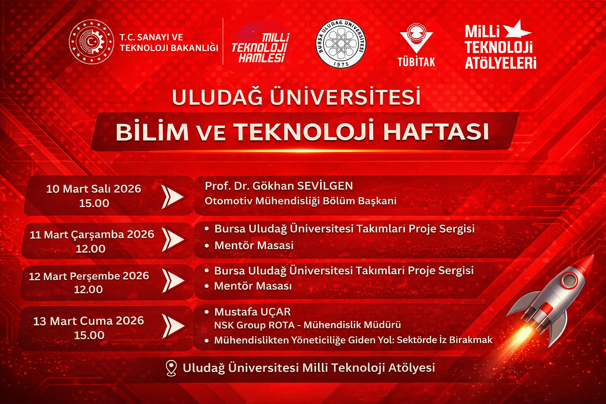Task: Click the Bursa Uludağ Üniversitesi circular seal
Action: pos(341,43)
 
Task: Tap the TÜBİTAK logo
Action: pos(416,45)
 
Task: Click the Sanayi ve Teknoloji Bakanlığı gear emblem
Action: pos(92,42)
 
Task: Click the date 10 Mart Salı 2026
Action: pos(94,189)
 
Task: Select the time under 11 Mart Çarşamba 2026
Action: pos(91,249)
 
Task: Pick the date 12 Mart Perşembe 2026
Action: pos(89,276)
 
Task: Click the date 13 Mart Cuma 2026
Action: pos(88,321)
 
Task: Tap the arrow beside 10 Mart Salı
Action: pos(174,197)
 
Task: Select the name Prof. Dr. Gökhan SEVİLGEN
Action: pos(279,186)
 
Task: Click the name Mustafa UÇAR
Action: pos(252,312)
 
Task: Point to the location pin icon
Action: pos(171,368)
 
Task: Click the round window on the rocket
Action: pos(569,281)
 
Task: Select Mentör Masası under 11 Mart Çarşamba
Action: pos(254,245)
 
